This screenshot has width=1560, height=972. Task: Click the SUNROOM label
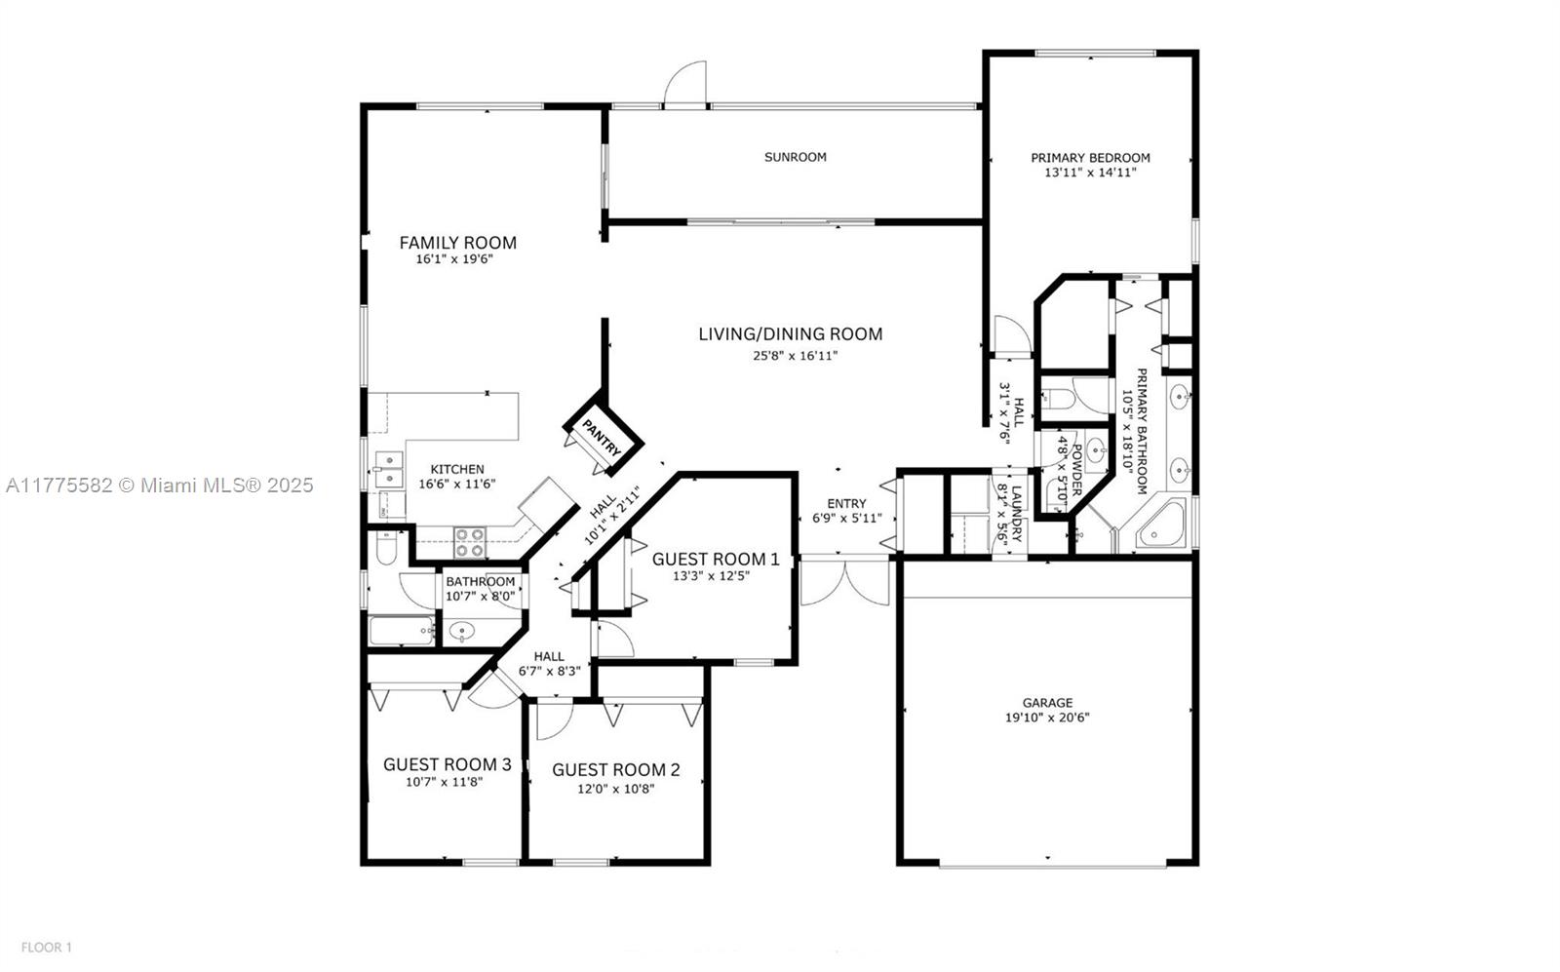(796, 157)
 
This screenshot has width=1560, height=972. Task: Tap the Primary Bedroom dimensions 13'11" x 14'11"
(1090, 172)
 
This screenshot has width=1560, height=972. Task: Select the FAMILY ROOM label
(457, 243)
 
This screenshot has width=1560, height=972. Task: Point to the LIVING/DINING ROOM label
(791, 334)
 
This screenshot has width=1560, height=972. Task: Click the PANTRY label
(601, 438)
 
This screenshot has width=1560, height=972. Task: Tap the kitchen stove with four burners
(469, 543)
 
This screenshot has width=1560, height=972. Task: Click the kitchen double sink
(389, 469)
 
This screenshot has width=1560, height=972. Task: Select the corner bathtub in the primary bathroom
(1161, 524)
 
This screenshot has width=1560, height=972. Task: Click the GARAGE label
(1047, 703)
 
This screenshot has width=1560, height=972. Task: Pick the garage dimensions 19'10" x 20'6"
(1047, 718)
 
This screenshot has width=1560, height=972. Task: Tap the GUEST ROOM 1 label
(716, 559)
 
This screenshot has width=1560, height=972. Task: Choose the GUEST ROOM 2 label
(615, 770)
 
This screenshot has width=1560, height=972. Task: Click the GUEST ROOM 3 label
(448, 764)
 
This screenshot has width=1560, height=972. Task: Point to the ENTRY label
(847, 503)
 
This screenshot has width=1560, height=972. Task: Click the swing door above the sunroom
(685, 84)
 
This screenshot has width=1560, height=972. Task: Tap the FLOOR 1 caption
(47, 948)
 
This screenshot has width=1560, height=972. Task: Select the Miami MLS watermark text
(160, 486)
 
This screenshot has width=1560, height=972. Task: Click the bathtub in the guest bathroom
(402, 631)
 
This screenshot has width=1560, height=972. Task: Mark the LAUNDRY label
(1018, 514)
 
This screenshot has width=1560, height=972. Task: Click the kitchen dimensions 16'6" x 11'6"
(457, 484)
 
